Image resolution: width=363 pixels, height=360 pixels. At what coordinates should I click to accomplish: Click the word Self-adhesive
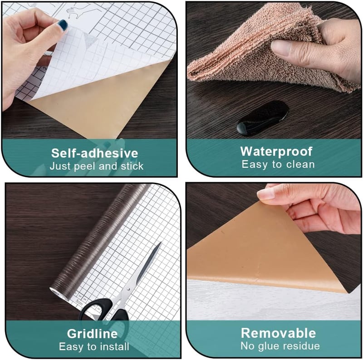point(94,153)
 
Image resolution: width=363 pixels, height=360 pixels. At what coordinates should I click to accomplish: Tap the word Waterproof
point(276,152)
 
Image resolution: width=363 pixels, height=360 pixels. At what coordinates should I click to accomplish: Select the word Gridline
point(92,334)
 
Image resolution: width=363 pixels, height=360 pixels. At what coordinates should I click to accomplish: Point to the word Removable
point(278,333)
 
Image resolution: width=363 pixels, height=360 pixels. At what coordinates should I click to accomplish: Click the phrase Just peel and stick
point(97,166)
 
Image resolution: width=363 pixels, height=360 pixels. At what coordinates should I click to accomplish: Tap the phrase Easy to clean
point(278,165)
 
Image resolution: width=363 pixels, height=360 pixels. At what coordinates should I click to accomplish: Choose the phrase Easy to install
point(94,346)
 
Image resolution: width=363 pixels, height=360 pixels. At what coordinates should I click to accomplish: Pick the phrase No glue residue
point(280,346)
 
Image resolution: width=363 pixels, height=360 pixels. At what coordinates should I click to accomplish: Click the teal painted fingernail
point(63,25)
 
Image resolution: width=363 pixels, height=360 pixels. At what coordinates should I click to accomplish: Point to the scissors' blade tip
point(161,243)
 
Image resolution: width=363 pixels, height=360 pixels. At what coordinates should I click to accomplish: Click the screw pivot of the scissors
point(128,289)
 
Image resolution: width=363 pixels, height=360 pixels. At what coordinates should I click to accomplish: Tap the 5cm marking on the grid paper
point(79,302)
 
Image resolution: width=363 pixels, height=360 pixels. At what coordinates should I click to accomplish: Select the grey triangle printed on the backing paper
point(90,40)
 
